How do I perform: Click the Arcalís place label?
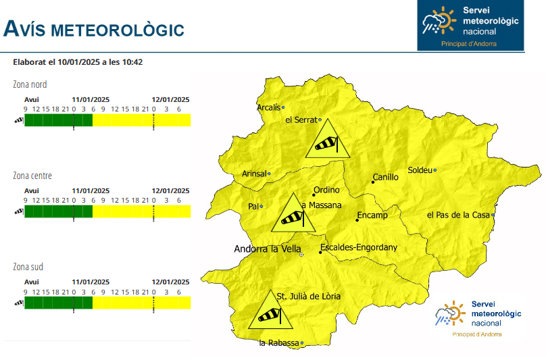click(268, 107)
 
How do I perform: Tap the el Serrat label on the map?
click(301, 120)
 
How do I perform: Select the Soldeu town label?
click(420, 170)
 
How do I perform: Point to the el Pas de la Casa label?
click(457, 215)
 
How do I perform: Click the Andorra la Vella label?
click(266, 249)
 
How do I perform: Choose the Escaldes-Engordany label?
click(359, 247)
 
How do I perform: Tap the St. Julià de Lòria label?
click(309, 296)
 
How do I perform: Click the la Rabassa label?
click(278, 343)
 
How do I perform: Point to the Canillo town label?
click(385, 177)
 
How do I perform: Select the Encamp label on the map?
click(372, 215)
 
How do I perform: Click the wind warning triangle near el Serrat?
click(328, 140)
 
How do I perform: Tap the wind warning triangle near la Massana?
click(293, 214)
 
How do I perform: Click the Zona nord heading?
click(30, 84)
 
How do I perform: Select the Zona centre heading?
click(32, 176)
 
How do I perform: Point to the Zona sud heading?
click(28, 267)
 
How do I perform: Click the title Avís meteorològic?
click(94, 29)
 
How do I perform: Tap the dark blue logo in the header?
click(470, 26)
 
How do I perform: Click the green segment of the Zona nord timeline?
click(58, 120)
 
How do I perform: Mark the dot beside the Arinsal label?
click(270, 174)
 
